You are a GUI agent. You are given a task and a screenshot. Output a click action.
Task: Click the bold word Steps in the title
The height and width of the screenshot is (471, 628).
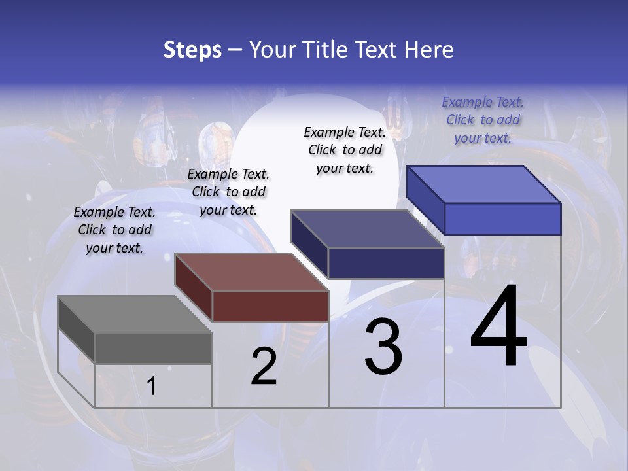point(192,50)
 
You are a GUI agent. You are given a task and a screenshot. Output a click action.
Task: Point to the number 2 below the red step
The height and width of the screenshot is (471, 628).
point(264,366)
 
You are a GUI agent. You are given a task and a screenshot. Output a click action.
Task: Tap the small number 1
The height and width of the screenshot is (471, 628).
point(152,386)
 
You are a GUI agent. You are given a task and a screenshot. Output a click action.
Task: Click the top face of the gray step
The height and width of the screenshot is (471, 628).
point(134,314)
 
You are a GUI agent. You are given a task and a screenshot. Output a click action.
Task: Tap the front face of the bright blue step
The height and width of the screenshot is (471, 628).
point(502,218)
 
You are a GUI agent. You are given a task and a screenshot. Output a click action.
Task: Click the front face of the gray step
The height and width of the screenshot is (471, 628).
point(153,348)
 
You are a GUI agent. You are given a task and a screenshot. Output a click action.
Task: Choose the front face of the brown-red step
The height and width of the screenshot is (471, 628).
point(270,306)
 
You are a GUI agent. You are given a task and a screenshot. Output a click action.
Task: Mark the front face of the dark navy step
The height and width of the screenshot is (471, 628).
point(386,263)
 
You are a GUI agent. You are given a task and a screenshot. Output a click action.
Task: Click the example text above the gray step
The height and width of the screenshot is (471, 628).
point(114,230)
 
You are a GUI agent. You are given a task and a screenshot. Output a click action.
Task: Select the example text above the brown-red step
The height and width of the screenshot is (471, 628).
point(228,192)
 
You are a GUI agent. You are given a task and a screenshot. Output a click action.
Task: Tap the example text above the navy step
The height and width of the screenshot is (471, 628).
point(345,150)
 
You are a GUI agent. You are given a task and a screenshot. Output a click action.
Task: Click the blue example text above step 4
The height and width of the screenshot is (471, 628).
point(483,120)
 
